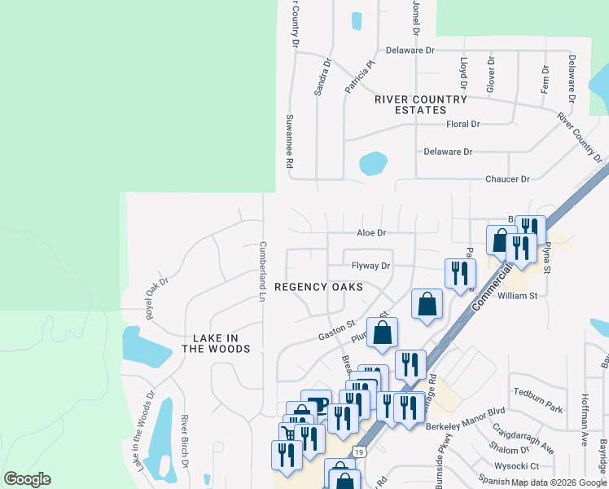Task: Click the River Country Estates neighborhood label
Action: pyautogui.click(x=421, y=104)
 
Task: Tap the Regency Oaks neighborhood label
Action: pyautogui.click(x=318, y=287)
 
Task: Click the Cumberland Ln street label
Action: pyautogui.click(x=263, y=271)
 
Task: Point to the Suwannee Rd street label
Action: pyautogui.click(x=289, y=140)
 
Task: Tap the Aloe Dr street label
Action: pyautogui.click(x=370, y=233)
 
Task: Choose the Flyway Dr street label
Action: pyautogui.click(x=371, y=266)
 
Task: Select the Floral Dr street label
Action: pyautogui.click(x=463, y=125)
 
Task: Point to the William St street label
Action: pyautogui.click(x=518, y=296)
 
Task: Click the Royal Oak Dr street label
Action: pyautogui.click(x=153, y=297)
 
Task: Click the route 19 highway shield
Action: pyautogui.click(x=358, y=451)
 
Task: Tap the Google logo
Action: pyautogui.click(x=27, y=479)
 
